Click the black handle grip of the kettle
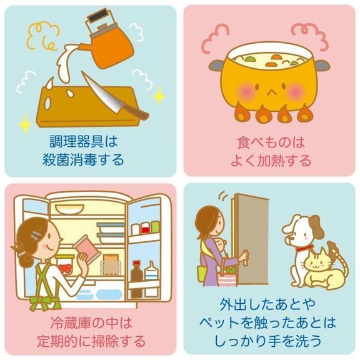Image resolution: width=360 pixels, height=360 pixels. pyautogui.click(x=97, y=16)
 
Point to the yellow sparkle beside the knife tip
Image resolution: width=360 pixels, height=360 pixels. pyautogui.click(x=159, y=95)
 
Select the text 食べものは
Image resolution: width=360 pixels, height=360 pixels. pyautogui.click(x=271, y=142)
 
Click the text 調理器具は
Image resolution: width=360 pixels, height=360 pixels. pyautogui.click(x=84, y=141)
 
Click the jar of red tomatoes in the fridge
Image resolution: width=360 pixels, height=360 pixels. pyautogui.click(x=66, y=264)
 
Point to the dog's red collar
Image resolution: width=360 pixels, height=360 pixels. pyautogui.click(x=304, y=248)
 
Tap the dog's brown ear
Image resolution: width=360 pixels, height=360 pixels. pyautogui.click(x=316, y=226)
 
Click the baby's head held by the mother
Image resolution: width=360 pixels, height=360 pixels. pyautogui.click(x=220, y=244)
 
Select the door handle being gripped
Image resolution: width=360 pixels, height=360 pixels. pyautogui.click(x=246, y=257)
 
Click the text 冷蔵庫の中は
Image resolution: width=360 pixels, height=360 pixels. pyautogui.click(x=91, y=322)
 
